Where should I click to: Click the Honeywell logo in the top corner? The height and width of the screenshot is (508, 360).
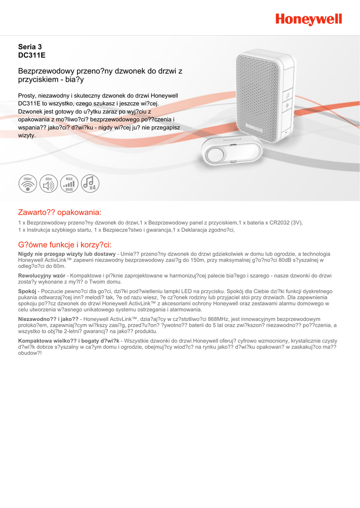pos(309,19)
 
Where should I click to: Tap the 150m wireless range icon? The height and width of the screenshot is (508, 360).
pos(28,184)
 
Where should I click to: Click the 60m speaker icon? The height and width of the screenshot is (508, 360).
pos(49,184)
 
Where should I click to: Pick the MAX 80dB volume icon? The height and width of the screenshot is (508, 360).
pos(70,184)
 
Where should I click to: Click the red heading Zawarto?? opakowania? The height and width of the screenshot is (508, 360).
pos(60,212)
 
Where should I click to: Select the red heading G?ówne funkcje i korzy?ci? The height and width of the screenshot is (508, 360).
pos(65,244)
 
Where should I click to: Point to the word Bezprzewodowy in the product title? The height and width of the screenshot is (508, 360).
pos(43,71)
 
